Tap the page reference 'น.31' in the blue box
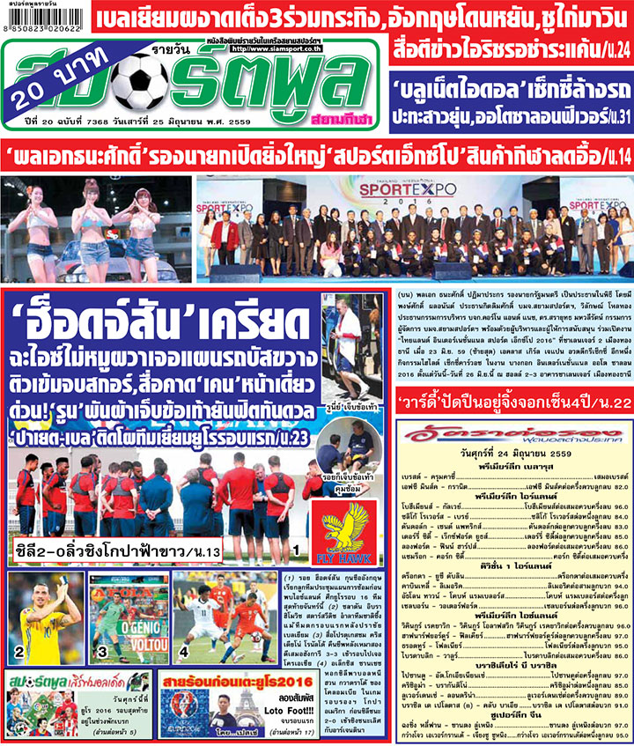click(x=611, y=115)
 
